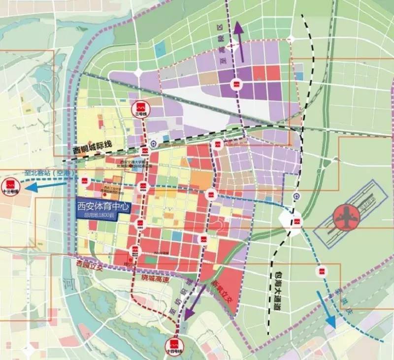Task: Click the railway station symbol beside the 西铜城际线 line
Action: (154, 144)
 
